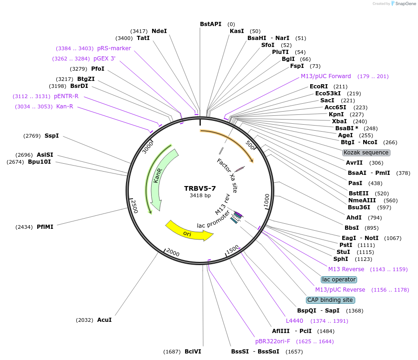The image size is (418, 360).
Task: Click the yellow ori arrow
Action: [188, 231]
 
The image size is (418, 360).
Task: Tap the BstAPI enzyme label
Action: [211, 24]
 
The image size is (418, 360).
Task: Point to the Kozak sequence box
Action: [366, 153]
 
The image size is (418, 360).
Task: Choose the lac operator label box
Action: [339, 280]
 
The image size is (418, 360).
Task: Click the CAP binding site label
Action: [330, 300]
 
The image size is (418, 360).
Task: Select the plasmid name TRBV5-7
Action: [200, 188]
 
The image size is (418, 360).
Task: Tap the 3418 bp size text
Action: [200, 195]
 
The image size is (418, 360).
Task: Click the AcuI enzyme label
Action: [104, 320]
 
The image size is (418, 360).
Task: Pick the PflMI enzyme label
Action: [45, 227]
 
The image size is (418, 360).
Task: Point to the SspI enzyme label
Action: [52, 136]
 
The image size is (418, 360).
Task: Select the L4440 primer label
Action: [294, 320]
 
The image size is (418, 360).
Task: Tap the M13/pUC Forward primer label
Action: [325, 76]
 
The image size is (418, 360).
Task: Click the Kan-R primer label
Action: [65, 107]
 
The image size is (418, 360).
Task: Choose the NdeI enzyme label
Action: [159, 31]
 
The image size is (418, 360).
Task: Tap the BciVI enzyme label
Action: [192, 352]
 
